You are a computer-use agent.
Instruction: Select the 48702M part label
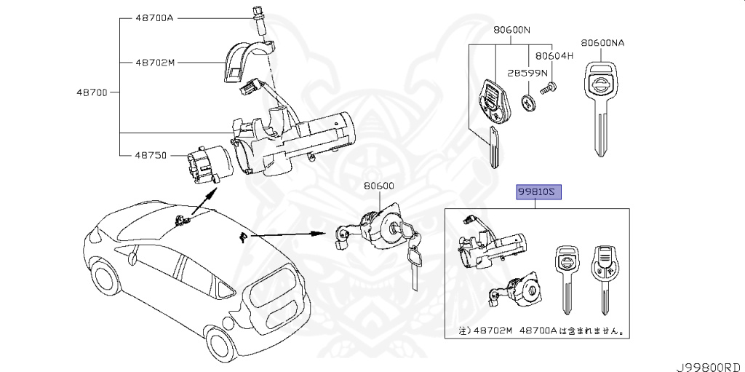click(155, 63)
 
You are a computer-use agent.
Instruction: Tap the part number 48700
click(92, 92)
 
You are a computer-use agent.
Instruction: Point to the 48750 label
click(151, 155)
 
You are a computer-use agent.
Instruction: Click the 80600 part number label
click(379, 186)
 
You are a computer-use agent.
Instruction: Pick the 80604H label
click(554, 55)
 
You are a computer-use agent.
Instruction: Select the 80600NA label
click(603, 43)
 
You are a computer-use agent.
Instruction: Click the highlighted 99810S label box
click(540, 192)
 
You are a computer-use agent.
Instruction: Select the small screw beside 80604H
click(550, 89)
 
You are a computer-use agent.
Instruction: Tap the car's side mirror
click(133, 256)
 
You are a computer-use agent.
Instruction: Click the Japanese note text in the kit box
click(541, 331)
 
